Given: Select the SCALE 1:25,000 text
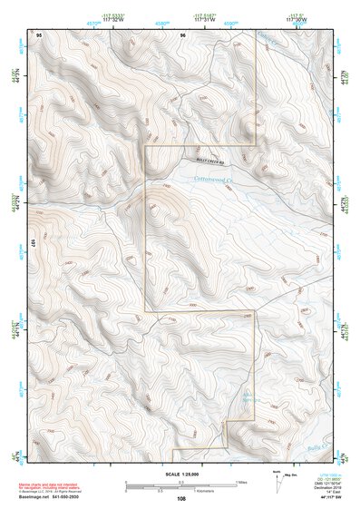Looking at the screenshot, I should click(180, 474).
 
